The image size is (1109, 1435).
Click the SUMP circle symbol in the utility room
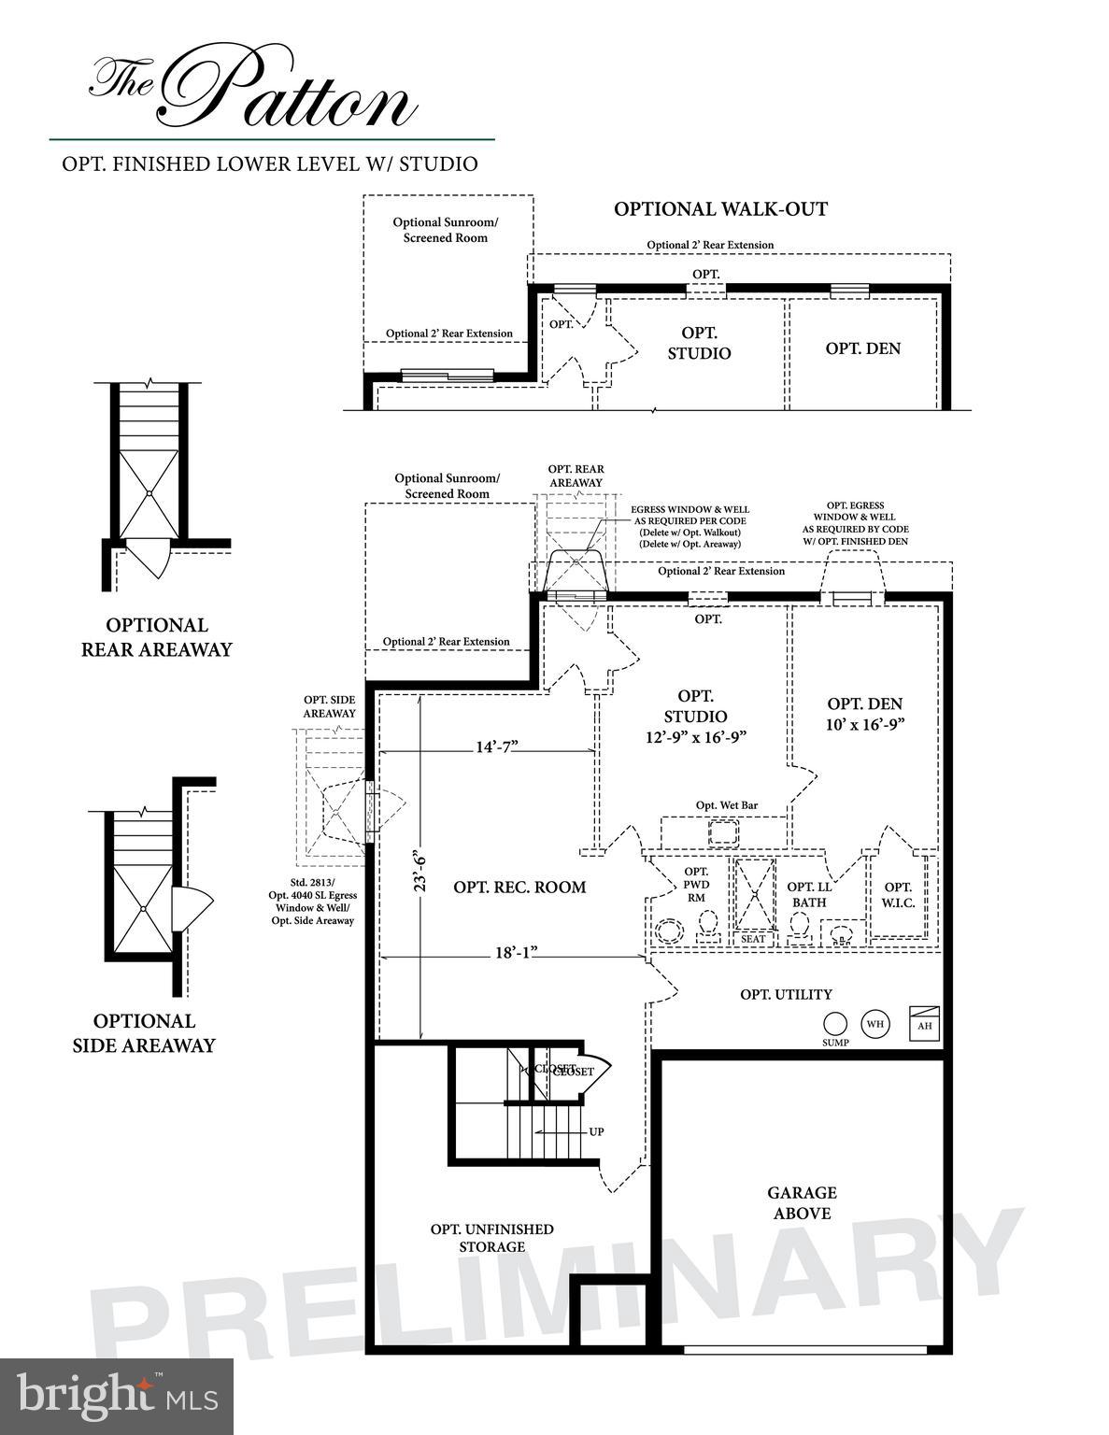coord(835,1024)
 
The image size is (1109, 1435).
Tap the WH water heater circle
coord(874,1023)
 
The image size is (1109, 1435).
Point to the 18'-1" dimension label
coord(516,953)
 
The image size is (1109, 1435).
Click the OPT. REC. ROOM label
coord(519,887)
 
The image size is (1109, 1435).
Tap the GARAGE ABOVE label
coord(802,1202)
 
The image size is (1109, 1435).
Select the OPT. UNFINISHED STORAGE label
coord(491,1238)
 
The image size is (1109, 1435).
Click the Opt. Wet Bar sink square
coord(723,831)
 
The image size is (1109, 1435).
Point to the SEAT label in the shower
coord(753,939)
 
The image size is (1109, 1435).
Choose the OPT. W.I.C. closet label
coord(898,895)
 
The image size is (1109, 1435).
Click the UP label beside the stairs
coord(596,1131)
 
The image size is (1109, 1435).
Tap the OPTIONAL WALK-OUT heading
coord(720,209)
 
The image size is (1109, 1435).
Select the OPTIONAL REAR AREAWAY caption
coord(156,637)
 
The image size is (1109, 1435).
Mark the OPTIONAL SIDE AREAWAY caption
coord(144,1033)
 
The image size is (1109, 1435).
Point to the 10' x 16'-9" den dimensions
coord(865,724)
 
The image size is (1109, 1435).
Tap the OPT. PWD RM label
coord(696,884)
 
